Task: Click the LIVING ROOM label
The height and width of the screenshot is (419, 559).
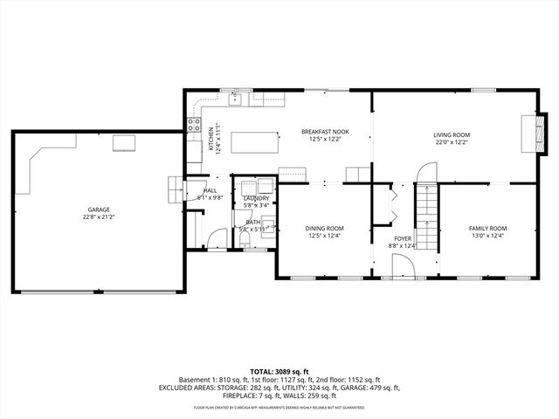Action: coord(451,134)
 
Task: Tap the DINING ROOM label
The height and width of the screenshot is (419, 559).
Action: coord(324,229)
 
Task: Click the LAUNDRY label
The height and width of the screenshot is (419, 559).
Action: coord(256,199)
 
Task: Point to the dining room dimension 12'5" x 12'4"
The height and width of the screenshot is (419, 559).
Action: coord(324,236)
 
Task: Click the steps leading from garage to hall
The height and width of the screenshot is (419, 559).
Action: coord(176,188)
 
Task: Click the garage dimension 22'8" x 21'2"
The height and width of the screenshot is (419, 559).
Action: coord(98,216)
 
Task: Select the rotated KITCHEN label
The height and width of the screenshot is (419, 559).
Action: coord(210,140)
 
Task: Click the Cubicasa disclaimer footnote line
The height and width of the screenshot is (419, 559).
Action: coord(279,407)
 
